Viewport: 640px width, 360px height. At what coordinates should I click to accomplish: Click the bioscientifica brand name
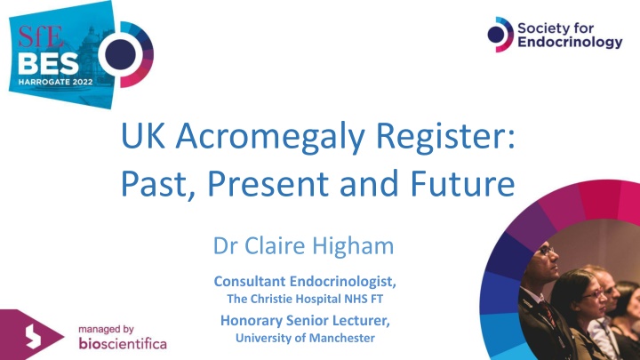pyautogui.click(x=123, y=342)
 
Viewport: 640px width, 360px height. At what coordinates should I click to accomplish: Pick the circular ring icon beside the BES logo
pyautogui.click(x=124, y=52)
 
